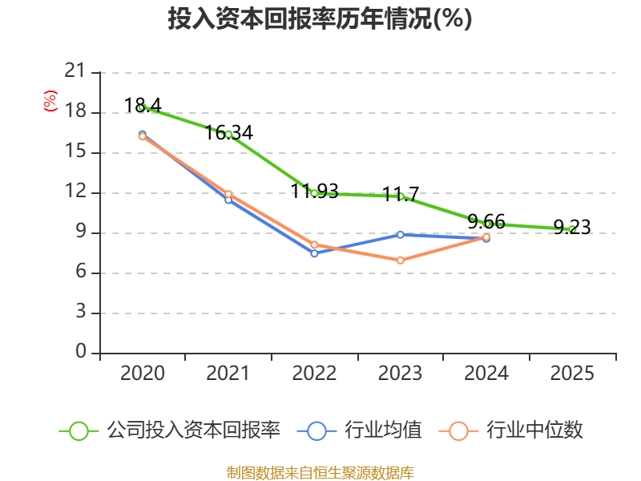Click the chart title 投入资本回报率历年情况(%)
click(x=320, y=19)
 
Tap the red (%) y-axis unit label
click(x=50, y=102)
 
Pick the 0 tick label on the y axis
click(x=80, y=353)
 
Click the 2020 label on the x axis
click(x=143, y=374)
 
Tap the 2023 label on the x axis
click(x=400, y=374)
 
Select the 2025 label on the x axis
click(x=572, y=374)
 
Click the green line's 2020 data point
click(x=142, y=107)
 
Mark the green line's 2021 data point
click(x=228, y=134)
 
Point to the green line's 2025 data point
click(x=571, y=229)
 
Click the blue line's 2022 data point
click(x=314, y=253)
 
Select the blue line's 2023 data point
click(x=400, y=234)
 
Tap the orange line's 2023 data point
click(x=400, y=261)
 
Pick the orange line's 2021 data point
click(x=228, y=194)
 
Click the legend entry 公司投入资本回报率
click(x=192, y=430)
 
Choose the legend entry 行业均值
click(x=382, y=430)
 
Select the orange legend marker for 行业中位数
click(x=458, y=430)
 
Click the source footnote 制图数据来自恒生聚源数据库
click(x=320, y=472)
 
